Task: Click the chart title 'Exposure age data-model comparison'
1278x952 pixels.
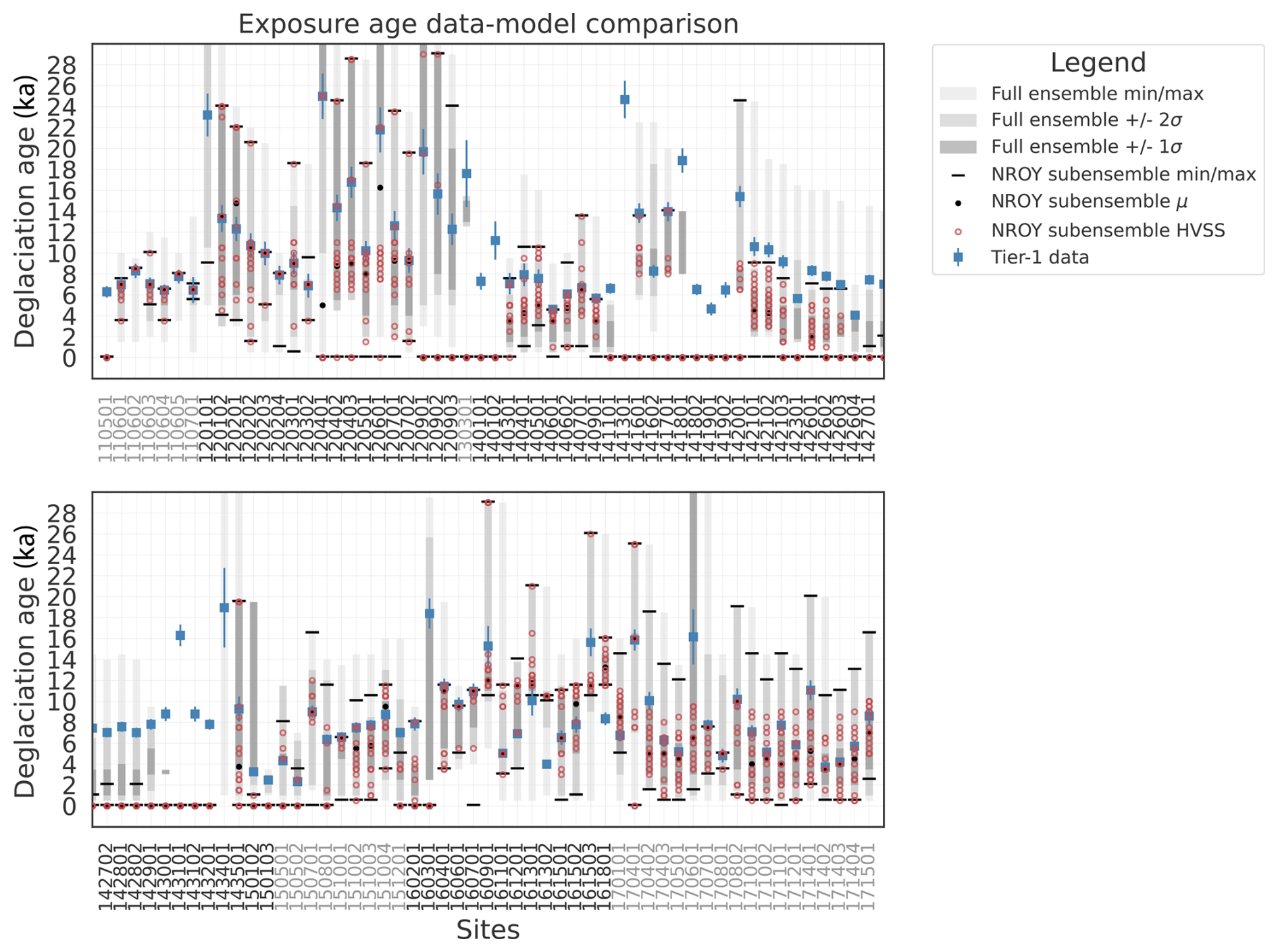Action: pos(488,24)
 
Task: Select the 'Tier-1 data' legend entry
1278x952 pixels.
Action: pos(1040,257)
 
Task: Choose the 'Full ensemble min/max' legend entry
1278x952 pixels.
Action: pos(1097,93)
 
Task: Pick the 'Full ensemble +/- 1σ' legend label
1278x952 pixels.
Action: pos(1086,147)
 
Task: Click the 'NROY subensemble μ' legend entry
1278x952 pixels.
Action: pos(1089,201)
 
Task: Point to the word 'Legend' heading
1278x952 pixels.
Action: pos(1098,62)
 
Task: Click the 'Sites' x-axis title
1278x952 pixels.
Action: pos(488,930)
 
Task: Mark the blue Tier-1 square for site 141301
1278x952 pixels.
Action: pos(625,99)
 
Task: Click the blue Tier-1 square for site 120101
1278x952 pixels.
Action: pos(207,115)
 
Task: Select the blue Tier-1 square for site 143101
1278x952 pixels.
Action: pos(180,635)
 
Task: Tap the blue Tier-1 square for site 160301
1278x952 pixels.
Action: pos(429,613)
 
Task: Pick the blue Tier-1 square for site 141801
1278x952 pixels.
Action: pos(682,161)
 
